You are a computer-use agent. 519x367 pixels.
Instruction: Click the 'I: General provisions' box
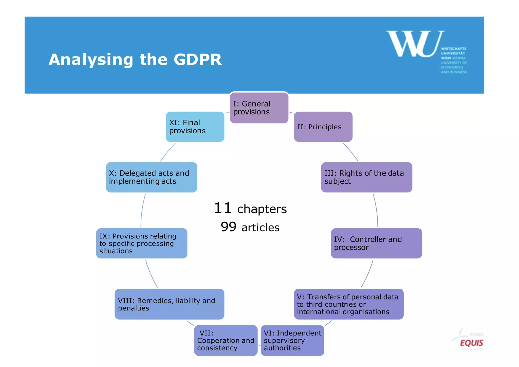coord(259,108)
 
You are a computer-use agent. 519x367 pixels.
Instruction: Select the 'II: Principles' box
coord(323,127)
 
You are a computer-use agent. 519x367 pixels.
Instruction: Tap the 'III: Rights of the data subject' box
coord(366,177)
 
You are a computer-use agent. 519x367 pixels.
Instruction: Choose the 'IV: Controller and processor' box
coord(376,243)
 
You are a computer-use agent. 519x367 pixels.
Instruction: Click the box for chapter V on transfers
coord(349,304)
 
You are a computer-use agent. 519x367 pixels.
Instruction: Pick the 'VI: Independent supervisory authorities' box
coord(292,340)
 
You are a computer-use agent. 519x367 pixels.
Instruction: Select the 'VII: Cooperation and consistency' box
coord(226,340)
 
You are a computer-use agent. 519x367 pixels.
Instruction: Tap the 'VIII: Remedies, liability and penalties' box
coord(169,304)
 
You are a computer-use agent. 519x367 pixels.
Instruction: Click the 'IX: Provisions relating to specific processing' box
coord(142,243)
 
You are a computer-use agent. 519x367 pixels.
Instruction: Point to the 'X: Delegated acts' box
coord(152,177)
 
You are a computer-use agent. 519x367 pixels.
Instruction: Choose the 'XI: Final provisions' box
coord(195,127)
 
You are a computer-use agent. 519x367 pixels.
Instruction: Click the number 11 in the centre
coord(223,208)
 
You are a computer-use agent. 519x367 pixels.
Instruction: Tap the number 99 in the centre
coord(228,227)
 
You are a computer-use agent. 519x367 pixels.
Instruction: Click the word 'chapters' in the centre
coord(262,209)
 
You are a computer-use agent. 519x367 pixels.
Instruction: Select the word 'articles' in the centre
coord(261,228)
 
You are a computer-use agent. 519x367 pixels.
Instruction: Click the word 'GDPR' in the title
coord(198,60)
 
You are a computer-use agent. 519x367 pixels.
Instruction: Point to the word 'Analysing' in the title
coord(91,60)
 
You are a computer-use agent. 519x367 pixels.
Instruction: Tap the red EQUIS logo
coord(471,343)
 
